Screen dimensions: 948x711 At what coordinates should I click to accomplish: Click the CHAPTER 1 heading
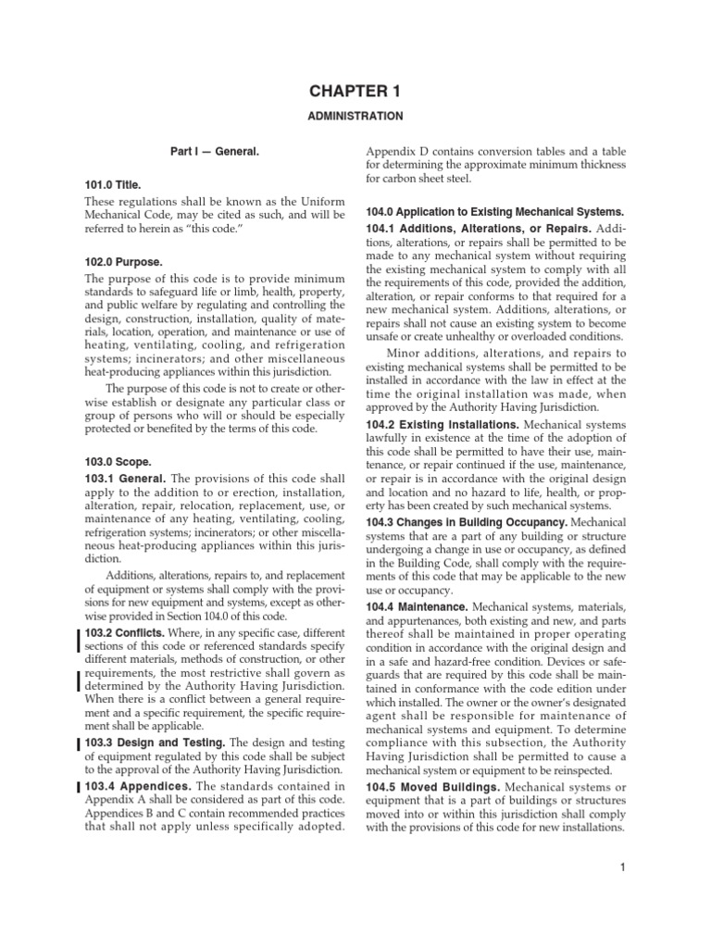tap(355, 91)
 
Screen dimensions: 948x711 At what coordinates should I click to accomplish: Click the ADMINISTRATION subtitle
tap(355, 117)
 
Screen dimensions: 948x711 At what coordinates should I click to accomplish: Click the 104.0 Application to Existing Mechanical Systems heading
tap(494, 213)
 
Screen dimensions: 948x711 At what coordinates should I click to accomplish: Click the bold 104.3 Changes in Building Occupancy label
tap(466, 522)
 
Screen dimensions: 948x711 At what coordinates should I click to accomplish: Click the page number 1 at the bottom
tap(624, 867)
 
